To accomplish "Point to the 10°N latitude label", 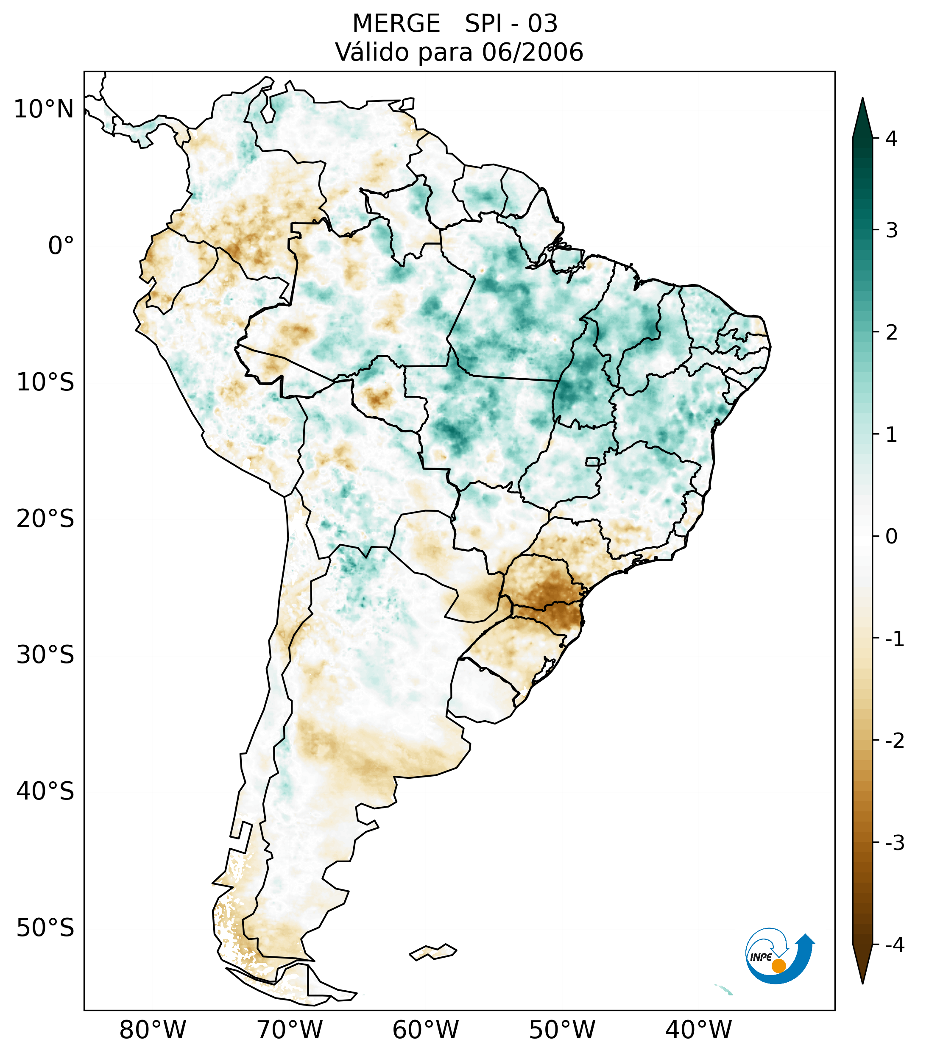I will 44,109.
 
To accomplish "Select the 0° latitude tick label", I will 61,246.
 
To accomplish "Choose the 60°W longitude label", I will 425,1030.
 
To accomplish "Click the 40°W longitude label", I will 699,1030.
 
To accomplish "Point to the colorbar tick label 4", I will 891,139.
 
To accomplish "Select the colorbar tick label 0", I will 891,537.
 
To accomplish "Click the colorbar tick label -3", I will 894,843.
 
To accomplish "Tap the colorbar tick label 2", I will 891,333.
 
